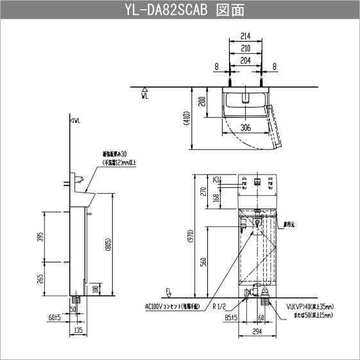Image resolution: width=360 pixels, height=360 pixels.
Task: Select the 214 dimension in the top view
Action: pos(244,37)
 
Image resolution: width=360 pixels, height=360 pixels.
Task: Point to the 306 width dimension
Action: pos(244,127)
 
